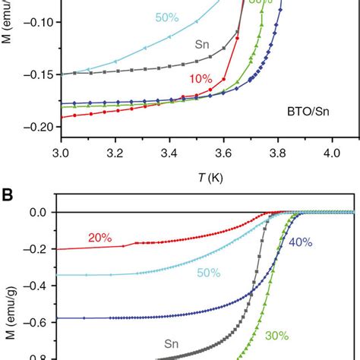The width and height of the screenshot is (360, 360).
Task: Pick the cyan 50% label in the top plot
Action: point(161,17)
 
